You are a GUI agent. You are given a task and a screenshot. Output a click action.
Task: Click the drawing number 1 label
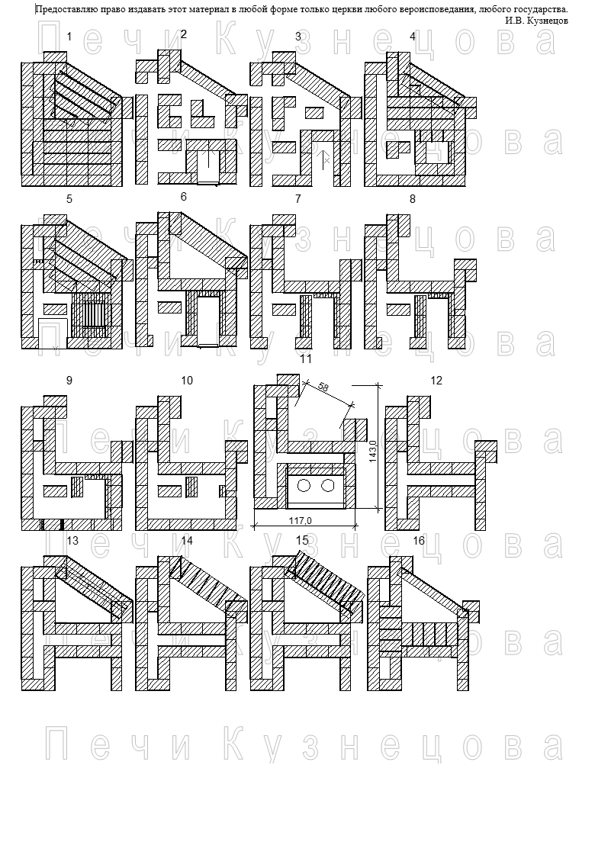[x=69, y=37]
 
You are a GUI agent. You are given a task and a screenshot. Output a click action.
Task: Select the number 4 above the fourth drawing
[x=413, y=37]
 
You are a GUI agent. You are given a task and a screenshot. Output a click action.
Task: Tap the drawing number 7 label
[x=297, y=199]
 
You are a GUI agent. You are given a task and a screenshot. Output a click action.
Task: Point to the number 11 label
[x=306, y=359]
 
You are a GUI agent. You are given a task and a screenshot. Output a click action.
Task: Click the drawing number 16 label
[x=418, y=541]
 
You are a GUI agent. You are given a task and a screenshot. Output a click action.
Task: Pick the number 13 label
[x=72, y=540]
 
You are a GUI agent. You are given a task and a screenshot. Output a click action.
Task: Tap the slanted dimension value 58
[x=323, y=387]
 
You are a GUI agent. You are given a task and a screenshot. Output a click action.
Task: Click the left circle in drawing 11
[x=304, y=485]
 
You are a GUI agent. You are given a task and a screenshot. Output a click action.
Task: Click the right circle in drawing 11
[x=326, y=485]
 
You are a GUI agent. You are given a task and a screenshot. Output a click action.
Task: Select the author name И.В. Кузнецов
[x=536, y=21]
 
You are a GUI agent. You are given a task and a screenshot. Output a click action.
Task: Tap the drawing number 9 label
[x=69, y=381]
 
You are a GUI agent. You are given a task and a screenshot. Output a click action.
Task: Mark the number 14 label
[x=187, y=541]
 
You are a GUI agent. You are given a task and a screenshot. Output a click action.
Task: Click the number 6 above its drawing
[x=184, y=197]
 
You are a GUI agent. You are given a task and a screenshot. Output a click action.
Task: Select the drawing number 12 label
[x=436, y=381]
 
